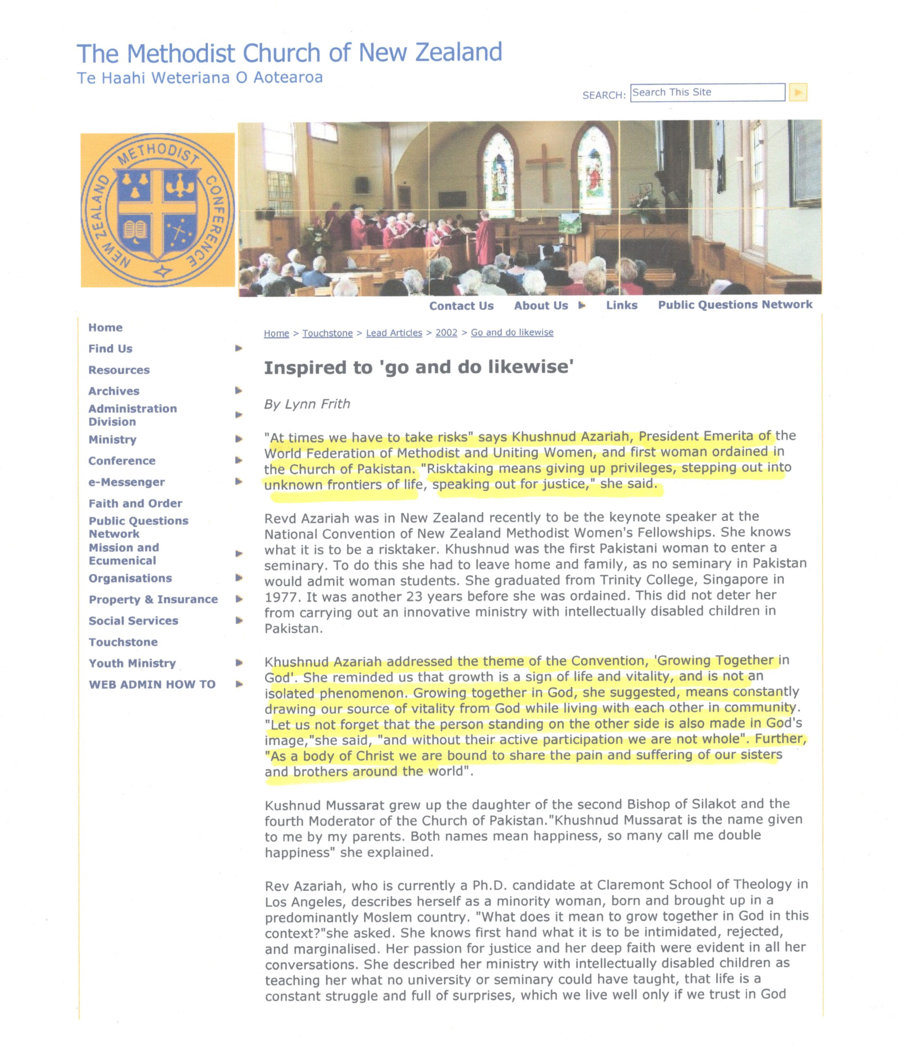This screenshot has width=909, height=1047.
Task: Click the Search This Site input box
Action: (x=707, y=92)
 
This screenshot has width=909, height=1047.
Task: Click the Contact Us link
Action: (x=461, y=306)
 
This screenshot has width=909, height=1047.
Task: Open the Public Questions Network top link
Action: (x=735, y=305)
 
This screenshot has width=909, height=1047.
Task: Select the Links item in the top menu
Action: (x=622, y=306)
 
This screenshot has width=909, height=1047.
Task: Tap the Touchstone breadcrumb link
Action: (x=327, y=333)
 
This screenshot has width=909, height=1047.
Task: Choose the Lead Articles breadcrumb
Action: (x=394, y=333)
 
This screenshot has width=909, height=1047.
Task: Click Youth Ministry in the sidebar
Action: (x=132, y=663)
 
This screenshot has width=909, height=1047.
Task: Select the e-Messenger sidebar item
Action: (x=126, y=482)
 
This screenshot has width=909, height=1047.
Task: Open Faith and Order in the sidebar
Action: (x=135, y=503)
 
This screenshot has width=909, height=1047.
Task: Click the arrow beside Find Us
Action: (x=238, y=348)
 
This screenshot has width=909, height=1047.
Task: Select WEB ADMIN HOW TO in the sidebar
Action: (x=152, y=685)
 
